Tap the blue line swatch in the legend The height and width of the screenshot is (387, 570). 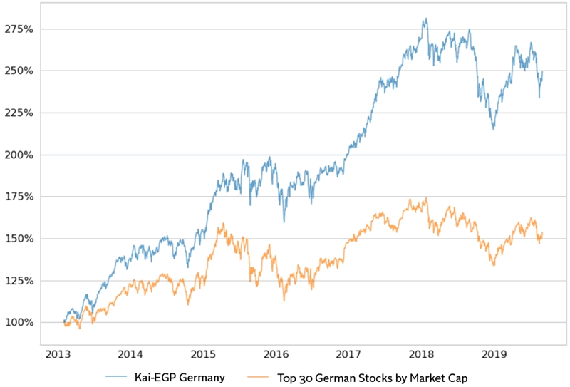pyautogui.click(x=118, y=375)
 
